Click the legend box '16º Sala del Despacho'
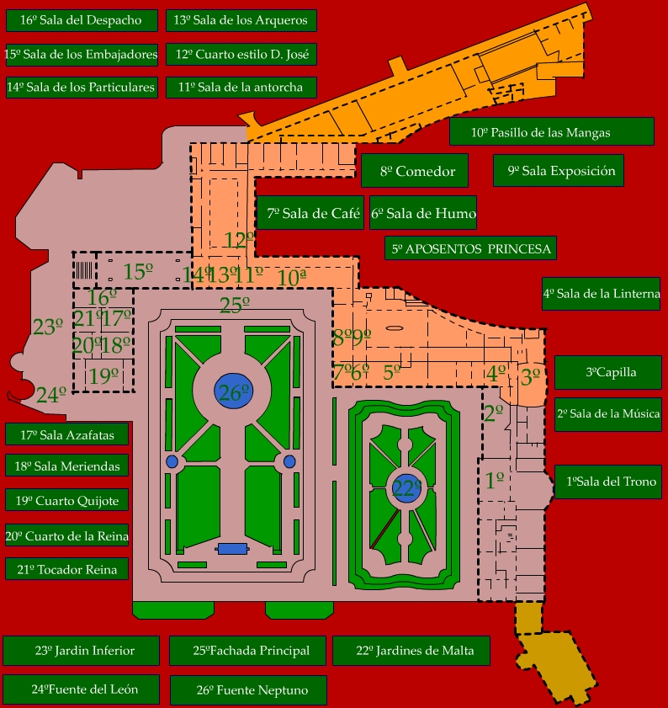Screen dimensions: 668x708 click(82, 20)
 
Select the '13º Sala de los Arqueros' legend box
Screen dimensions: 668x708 click(241, 20)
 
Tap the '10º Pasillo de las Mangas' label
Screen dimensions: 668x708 click(552, 132)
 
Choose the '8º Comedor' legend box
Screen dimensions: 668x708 click(414, 171)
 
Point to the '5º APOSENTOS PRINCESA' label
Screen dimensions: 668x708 click(470, 248)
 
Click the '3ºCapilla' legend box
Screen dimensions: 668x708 click(608, 372)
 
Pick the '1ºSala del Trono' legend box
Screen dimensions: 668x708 click(608, 482)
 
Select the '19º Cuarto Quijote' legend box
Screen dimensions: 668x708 click(66, 500)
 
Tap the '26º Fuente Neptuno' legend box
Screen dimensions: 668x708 click(248, 690)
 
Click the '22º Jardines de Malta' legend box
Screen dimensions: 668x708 click(411, 651)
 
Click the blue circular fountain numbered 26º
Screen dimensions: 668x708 click(233, 391)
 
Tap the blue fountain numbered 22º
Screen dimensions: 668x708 click(406, 488)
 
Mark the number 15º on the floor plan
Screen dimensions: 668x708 click(138, 271)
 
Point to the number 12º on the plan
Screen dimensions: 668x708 click(239, 240)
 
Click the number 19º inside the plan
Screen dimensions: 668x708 click(103, 375)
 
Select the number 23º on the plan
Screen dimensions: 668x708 click(48, 327)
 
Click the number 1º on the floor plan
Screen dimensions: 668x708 click(495, 480)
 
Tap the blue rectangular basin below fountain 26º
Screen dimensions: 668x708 click(232, 549)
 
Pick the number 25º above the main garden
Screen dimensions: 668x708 click(234, 306)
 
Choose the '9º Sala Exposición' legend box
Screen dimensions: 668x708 click(559, 170)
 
